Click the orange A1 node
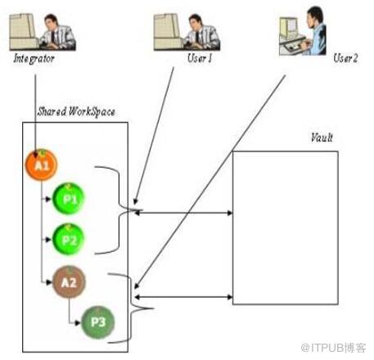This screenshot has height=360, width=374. (41, 165)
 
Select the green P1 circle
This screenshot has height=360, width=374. (69, 199)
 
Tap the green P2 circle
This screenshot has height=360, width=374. (69, 240)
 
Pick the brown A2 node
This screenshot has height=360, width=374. (69, 282)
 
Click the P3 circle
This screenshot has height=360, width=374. (98, 322)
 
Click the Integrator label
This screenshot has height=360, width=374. (34, 59)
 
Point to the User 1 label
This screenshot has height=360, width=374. (200, 58)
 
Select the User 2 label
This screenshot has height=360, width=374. (345, 58)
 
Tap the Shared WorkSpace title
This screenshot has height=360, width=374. (76, 112)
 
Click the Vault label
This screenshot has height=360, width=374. (322, 137)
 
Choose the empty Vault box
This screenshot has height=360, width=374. (286, 227)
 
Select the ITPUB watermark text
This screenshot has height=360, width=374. (333, 348)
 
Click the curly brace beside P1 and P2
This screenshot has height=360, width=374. (119, 210)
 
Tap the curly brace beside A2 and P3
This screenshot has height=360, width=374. (132, 308)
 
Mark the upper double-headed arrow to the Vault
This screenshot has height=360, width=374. (183, 213)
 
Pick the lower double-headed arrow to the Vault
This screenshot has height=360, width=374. (183, 297)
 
